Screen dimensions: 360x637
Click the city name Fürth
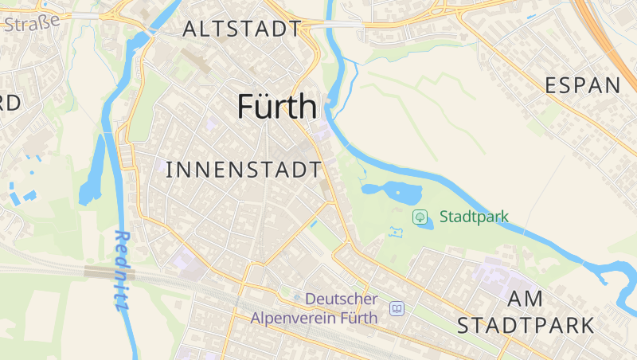(277, 108)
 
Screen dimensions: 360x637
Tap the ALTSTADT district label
(241, 29)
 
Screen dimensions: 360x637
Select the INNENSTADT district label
(244, 170)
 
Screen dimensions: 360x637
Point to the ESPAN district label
(582, 86)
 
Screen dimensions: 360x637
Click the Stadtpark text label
(473, 217)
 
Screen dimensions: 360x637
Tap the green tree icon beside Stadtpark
(420, 217)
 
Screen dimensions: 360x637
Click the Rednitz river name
(122, 270)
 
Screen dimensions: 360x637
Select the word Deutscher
(342, 299)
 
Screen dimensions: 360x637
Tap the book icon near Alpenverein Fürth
(397, 308)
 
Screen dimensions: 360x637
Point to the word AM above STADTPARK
(525, 299)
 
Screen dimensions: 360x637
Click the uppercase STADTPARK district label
(526, 325)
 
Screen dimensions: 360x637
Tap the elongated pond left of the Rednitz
(92, 171)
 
